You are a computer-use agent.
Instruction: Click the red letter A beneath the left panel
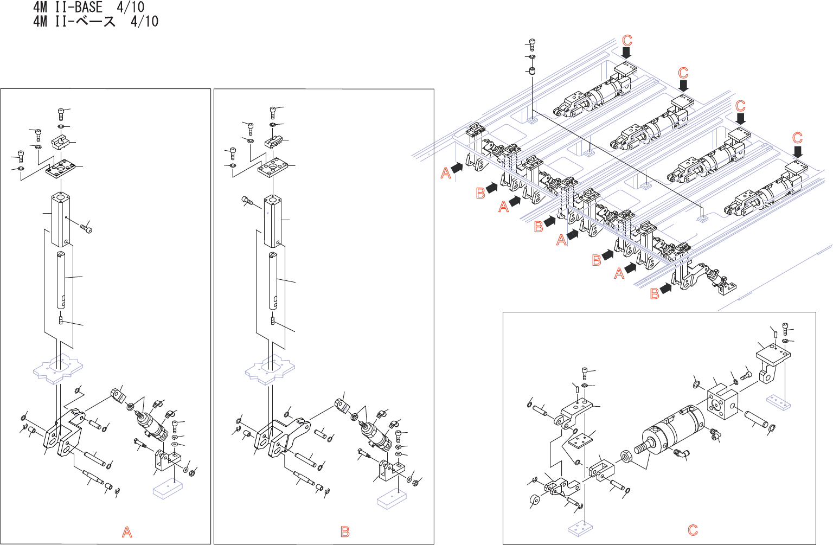pos(127,532)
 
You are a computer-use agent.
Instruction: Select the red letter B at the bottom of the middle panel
pos(345,532)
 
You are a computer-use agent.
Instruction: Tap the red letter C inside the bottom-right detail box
pos(693,530)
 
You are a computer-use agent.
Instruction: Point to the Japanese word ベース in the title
pos(96,21)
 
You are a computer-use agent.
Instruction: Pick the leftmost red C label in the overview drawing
pos(627,40)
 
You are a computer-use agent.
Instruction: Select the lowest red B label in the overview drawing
pos(655,294)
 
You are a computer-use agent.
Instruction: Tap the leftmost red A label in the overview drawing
pos(445,173)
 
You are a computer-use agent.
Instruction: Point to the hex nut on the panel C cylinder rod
pos(625,456)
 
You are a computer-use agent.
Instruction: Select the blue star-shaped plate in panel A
pos(58,368)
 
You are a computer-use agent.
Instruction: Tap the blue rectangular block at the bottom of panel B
pos(392,501)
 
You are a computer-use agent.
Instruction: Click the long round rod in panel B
pos(273,281)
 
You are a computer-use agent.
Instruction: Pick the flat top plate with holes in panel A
pos(60,169)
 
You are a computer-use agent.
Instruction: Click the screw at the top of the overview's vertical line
pos(532,44)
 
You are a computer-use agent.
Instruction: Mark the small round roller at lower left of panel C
pos(534,501)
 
